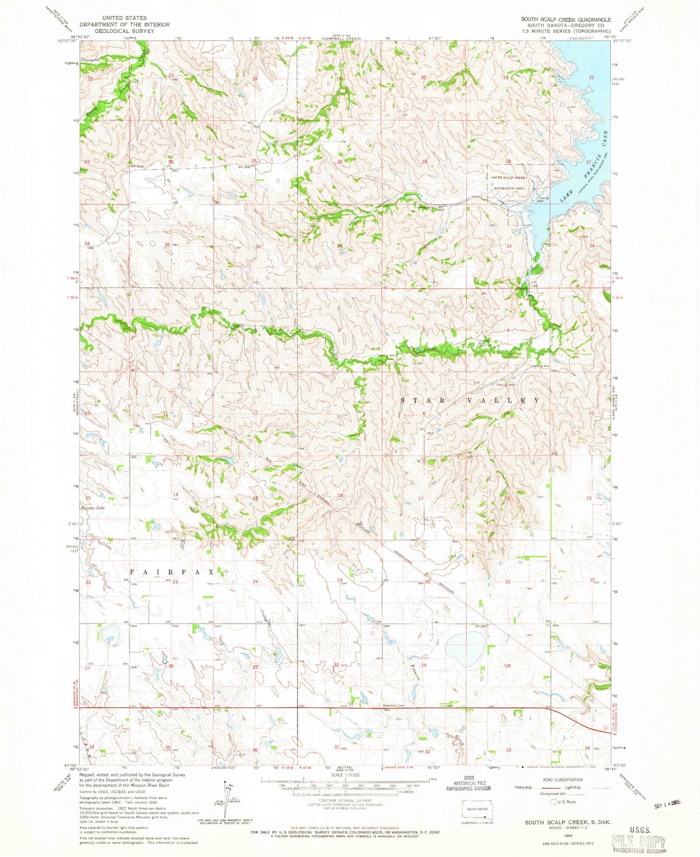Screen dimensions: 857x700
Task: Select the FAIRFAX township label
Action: (x=172, y=572)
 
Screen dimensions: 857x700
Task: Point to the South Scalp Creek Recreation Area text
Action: (x=507, y=182)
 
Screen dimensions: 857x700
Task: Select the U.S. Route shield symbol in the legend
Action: (x=554, y=802)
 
